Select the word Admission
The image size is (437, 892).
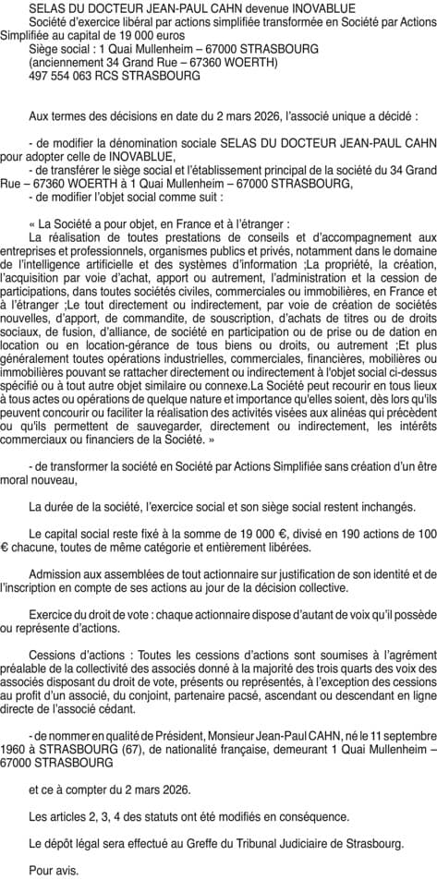pos(57,573)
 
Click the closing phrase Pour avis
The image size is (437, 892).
pos(54,870)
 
